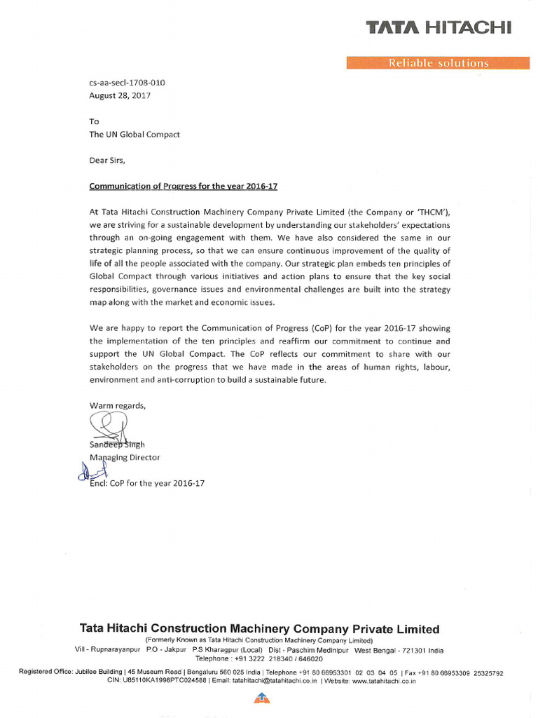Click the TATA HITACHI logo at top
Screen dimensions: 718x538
(439, 27)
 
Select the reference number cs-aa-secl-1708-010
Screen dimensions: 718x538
(127, 82)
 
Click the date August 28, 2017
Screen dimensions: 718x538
(120, 95)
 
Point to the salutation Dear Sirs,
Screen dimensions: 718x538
(107, 160)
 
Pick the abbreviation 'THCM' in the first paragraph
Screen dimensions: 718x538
(429, 212)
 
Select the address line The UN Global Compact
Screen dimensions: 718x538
(134, 134)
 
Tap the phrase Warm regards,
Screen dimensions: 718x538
(118, 405)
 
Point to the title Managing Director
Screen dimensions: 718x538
(125, 457)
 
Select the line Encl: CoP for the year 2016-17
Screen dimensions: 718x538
(147, 483)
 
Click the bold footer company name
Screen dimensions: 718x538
(259, 629)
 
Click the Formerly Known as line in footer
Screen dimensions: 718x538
(259, 641)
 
